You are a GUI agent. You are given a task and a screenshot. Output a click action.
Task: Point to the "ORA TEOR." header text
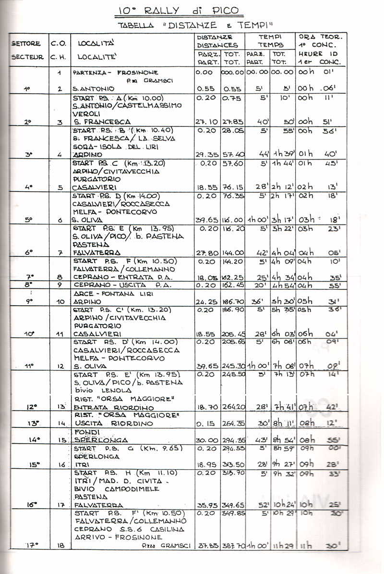(x=321, y=37)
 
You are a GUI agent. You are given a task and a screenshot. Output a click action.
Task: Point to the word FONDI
(x=85, y=432)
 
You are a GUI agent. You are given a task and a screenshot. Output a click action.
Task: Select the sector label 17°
(x=32, y=545)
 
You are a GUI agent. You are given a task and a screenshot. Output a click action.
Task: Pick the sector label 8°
(x=28, y=285)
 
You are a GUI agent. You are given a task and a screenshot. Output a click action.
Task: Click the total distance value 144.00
(x=233, y=252)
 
